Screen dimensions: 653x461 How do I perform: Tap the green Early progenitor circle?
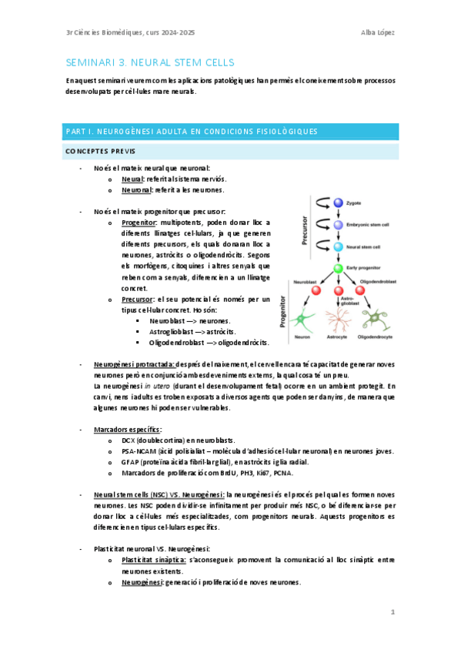point(336,269)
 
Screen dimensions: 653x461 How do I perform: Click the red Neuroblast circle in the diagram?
point(304,291)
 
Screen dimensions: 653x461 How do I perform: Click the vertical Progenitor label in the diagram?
point(284,317)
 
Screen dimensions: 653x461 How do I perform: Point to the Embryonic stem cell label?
point(372,225)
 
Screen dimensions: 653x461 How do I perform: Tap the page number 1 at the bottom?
point(392,613)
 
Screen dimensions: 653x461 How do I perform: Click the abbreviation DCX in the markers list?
point(129,440)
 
